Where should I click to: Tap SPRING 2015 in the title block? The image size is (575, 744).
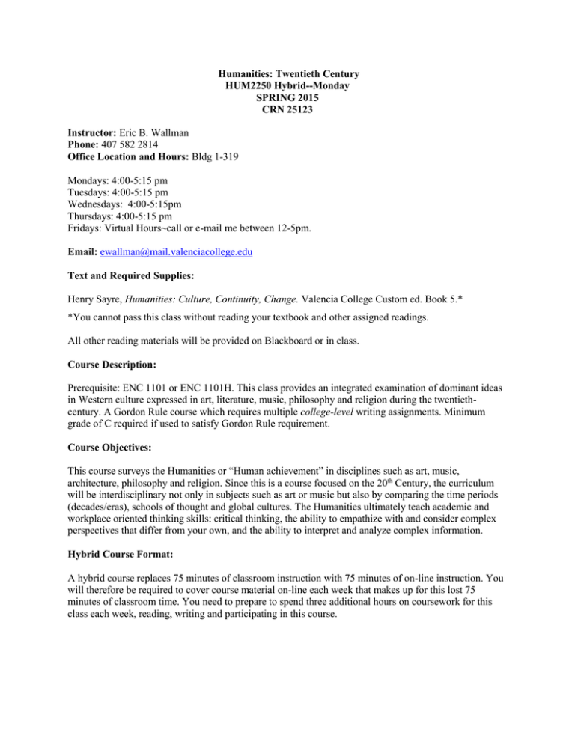tap(287, 100)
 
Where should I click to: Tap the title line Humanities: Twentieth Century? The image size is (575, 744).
tap(287, 73)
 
